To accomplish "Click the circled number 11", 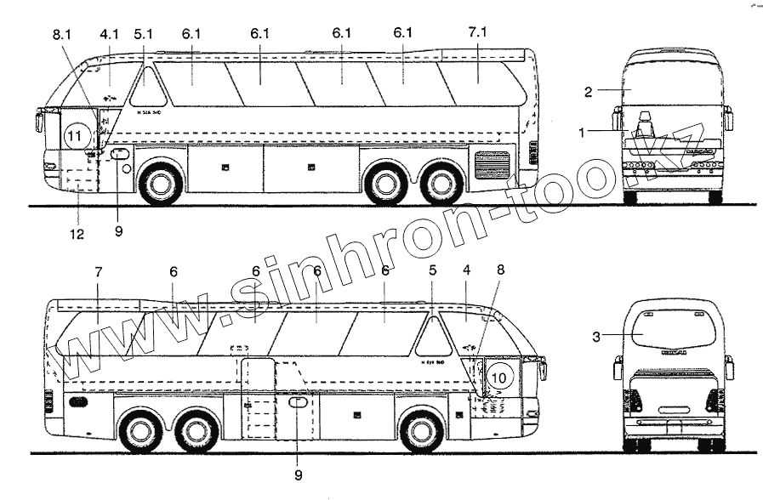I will (x=77, y=135).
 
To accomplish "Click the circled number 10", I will (x=499, y=376).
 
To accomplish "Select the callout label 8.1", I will (x=62, y=35).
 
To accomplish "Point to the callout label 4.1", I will (x=109, y=35).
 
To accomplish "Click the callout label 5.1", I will (x=144, y=35).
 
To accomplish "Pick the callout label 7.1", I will (x=478, y=33).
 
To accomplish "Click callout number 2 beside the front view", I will (x=588, y=90).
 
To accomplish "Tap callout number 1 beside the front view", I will (x=582, y=132).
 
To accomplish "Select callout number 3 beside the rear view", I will (x=597, y=337).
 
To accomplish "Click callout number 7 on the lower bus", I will (x=99, y=272).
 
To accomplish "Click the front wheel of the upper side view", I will (x=159, y=184).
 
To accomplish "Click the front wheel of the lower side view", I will (x=421, y=431).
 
